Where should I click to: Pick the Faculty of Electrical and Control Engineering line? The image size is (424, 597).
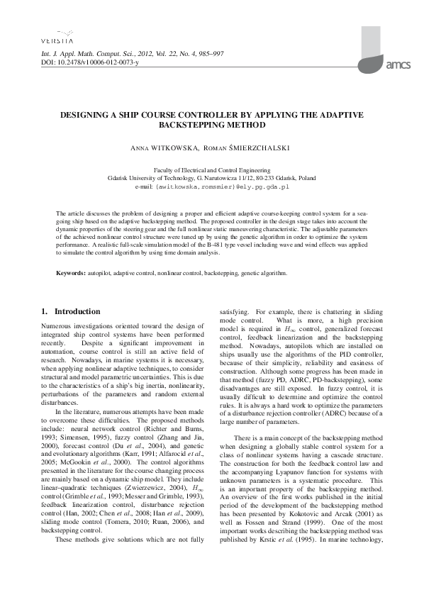(212, 170)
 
